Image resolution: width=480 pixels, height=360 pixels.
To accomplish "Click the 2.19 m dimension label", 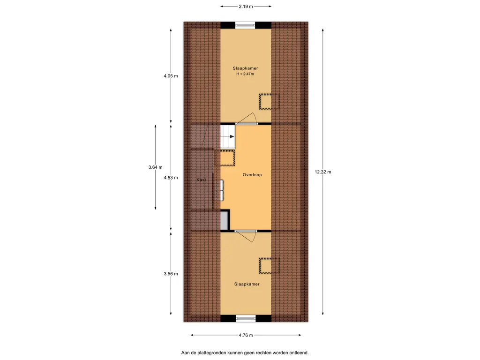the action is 246,7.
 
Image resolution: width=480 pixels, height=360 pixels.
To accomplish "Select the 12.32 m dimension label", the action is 323,172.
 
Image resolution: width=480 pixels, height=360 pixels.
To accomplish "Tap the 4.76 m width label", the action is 246,335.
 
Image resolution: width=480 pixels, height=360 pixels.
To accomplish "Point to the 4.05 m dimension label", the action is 171,76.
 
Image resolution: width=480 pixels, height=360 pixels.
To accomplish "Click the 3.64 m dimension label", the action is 155,167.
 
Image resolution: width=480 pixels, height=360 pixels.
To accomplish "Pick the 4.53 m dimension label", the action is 171,178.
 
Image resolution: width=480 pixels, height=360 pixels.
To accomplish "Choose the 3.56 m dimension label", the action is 171,274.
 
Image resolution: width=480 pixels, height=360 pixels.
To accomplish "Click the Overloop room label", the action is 252,175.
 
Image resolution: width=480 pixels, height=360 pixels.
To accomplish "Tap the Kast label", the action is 202,180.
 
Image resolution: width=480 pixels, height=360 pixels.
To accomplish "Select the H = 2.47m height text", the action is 245,74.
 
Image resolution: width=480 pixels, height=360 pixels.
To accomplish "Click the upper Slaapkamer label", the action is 245,68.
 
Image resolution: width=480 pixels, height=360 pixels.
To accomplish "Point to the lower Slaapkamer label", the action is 247,284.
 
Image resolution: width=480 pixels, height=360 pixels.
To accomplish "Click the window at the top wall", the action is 245,25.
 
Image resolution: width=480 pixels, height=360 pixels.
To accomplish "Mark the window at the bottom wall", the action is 246,319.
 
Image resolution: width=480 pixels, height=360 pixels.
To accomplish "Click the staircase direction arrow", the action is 232,137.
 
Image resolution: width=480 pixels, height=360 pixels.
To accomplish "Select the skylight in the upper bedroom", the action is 270,101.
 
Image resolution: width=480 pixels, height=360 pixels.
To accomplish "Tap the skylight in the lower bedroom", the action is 270,266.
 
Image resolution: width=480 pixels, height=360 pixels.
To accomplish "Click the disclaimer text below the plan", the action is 245,353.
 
